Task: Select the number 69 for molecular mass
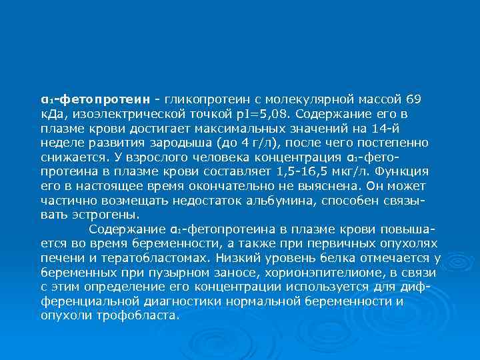[413, 100]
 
